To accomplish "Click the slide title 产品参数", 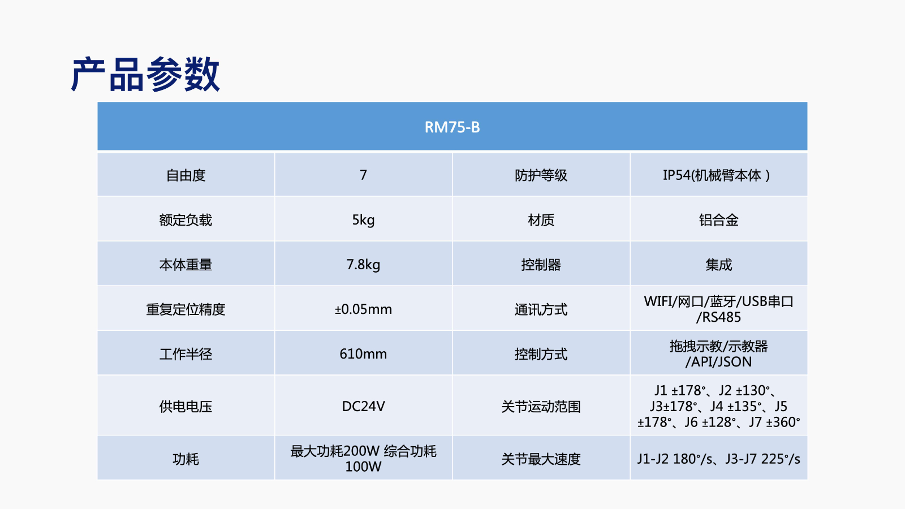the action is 145,74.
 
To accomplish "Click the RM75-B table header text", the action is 452,127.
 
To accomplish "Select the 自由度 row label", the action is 186,175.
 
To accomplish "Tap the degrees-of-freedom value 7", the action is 363,175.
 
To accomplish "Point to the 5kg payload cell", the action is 363,220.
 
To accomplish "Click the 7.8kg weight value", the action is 363,265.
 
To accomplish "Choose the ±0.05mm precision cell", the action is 363,309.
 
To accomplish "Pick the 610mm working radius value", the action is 363,354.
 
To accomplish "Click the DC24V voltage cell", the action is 363,407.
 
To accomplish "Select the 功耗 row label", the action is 186,459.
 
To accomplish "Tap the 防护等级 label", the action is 541,175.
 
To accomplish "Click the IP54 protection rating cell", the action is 717,175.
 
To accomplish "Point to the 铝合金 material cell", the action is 719,220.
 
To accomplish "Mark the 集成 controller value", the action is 719,265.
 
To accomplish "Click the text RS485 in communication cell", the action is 722,317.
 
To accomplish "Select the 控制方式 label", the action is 541,354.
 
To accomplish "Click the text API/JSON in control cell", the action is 722,362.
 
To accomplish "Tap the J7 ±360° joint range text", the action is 774,422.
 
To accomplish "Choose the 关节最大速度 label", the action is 541,459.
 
